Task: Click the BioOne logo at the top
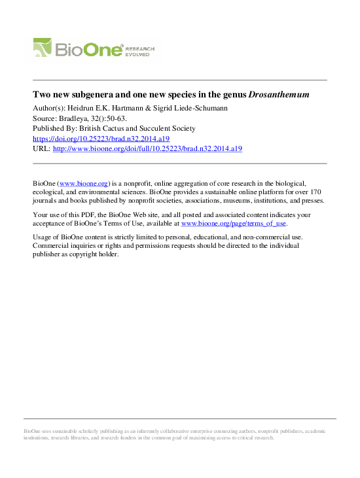(x=79, y=49)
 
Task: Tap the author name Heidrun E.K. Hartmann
(x=107, y=107)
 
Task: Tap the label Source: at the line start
(x=45, y=118)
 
